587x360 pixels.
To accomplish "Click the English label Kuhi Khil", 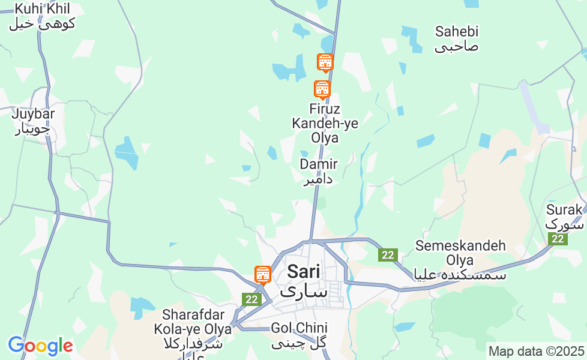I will [x=42, y=9].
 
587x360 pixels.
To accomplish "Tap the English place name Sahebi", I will [x=457, y=31].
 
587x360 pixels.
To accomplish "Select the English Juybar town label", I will [x=33, y=113].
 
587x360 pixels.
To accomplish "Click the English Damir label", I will [x=318, y=164].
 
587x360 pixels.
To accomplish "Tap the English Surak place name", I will [x=564, y=210].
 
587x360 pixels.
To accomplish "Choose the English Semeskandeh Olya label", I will [x=460, y=253].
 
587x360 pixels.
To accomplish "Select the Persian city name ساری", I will [x=304, y=292].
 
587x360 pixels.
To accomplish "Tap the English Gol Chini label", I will [x=299, y=328].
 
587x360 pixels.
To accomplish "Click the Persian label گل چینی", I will [x=299, y=343].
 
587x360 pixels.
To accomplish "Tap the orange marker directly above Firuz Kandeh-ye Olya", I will [x=322, y=89].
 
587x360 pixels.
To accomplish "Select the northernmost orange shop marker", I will [x=325, y=62].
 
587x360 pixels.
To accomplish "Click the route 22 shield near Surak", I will [x=558, y=239].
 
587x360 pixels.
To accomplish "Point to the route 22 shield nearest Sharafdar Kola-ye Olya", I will [x=251, y=299].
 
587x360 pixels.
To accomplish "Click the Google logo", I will [x=40, y=346].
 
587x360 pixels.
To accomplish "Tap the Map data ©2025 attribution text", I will [x=536, y=351].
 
